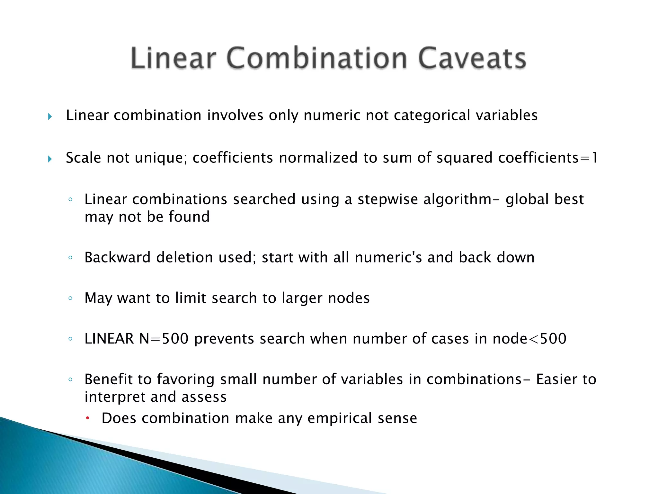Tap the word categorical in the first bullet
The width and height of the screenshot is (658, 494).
coord(432,115)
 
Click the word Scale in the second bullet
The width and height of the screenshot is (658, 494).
coord(84,158)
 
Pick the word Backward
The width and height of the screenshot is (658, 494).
coord(118,257)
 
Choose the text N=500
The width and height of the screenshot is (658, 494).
coord(164,339)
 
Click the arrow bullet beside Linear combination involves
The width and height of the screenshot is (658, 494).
coord(50,116)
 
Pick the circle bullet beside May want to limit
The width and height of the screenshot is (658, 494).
coord(70,298)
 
